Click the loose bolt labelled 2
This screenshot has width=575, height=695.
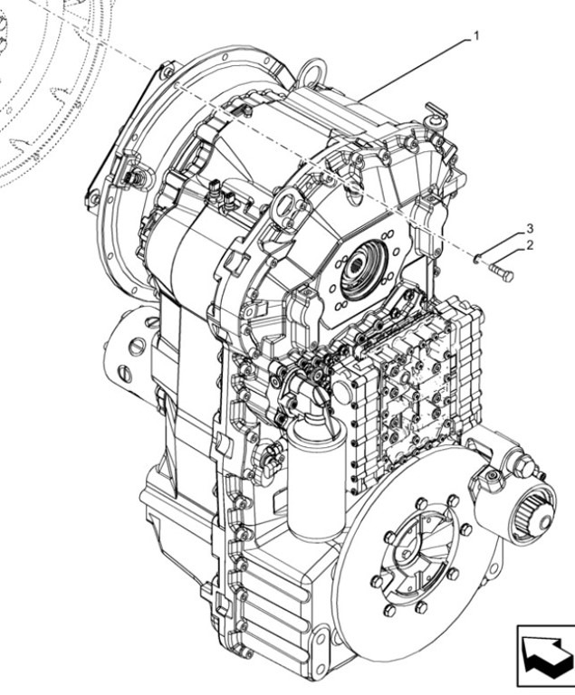point(501,271)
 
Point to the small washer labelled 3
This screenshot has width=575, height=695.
point(475,261)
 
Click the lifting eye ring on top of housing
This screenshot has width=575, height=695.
point(313,68)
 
